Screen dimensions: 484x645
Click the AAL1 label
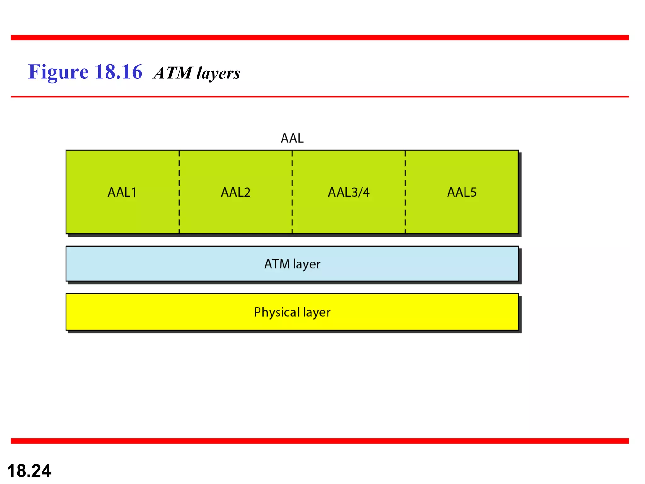[122, 192]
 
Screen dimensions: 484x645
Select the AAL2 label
[236, 192]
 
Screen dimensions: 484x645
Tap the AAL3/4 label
[349, 192]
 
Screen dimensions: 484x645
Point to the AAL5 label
[462, 192]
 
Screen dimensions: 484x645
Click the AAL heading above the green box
[292, 138]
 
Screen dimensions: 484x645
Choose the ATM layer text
[292, 264]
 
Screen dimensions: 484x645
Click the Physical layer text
[292, 312]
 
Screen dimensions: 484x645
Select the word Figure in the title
[58, 72]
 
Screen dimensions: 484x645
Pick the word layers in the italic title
[218, 73]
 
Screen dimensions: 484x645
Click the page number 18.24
[29, 471]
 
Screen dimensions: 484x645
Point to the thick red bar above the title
[320, 37]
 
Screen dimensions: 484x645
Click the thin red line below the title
[320, 97]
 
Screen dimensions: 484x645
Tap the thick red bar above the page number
[320, 441]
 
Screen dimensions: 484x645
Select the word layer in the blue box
[306, 264]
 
